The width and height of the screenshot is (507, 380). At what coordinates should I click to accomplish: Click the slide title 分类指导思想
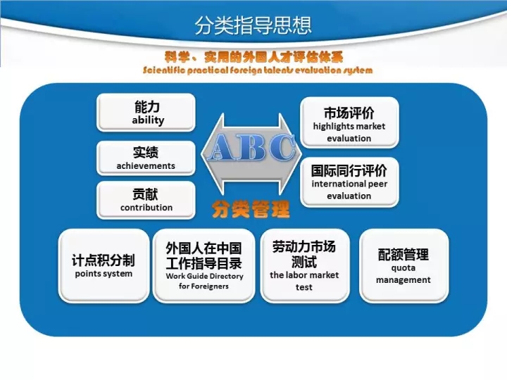coord(253,25)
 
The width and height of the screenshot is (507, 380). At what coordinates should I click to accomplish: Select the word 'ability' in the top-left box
coord(148,120)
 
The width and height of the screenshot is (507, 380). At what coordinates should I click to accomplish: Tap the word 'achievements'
coord(146,166)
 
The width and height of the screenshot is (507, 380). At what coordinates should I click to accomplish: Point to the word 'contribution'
coord(146,208)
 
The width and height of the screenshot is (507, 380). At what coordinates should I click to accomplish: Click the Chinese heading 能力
coord(147,106)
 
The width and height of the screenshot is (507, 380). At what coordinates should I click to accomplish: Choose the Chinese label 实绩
coord(146,152)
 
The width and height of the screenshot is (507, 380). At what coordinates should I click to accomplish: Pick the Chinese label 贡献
coord(146,194)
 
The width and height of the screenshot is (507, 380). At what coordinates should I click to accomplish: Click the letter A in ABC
coord(225,147)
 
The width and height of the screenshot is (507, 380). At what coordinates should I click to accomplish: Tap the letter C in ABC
coord(282,147)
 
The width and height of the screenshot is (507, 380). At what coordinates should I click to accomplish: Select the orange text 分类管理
coord(251,210)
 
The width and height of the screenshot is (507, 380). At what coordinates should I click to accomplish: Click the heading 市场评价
coord(349,113)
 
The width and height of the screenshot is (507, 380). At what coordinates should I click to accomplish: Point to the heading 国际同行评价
coord(349,170)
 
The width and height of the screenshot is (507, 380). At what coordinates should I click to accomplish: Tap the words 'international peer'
coord(349,184)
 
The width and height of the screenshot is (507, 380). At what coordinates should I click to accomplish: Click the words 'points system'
coord(104,274)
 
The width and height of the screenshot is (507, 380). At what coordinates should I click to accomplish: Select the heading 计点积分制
coord(104,260)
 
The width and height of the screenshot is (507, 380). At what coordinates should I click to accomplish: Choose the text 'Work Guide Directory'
coord(205,277)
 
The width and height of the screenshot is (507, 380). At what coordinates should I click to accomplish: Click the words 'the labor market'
coord(304,275)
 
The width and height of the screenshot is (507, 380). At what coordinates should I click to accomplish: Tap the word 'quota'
coord(403,268)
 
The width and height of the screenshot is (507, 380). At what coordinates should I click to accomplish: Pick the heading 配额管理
coord(403,255)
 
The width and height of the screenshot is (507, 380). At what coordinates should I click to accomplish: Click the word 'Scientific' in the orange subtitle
coord(164,70)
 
